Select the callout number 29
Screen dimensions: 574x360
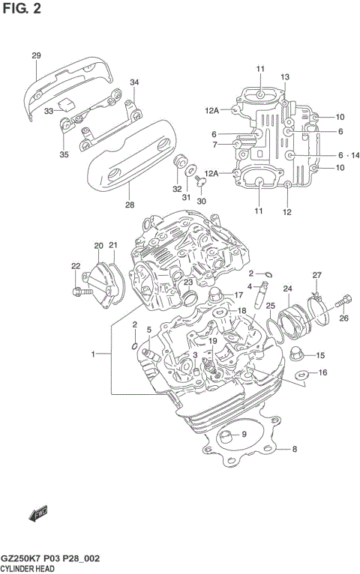35,56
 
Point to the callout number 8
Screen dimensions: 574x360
295,450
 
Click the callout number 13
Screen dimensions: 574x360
285,77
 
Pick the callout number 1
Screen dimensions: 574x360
93,354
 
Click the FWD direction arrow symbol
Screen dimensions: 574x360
37,514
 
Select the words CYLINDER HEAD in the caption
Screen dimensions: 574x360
33,570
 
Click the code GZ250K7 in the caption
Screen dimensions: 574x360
25,559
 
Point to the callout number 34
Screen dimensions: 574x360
134,82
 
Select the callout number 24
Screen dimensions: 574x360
287,288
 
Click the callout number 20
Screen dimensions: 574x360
98,246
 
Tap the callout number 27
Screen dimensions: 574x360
316,275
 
